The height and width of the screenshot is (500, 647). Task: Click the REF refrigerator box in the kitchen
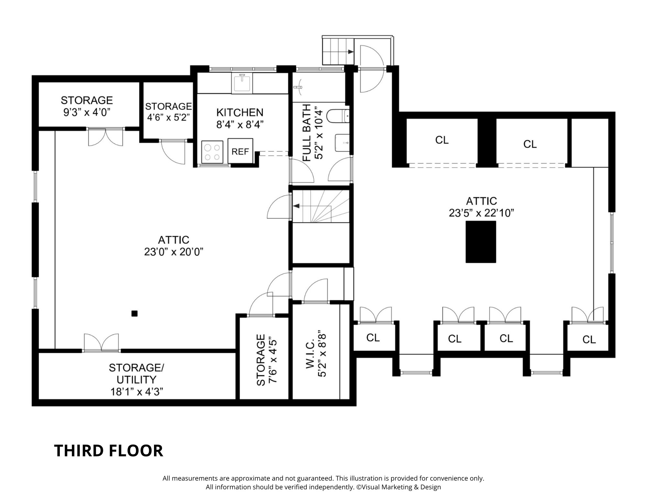[x=240, y=151]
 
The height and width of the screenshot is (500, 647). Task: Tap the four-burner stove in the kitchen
[x=212, y=152]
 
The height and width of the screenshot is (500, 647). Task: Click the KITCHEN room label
[x=240, y=112]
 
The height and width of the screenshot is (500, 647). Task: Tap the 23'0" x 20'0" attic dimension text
[x=174, y=252]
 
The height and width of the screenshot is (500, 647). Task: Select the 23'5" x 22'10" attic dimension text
[x=481, y=213]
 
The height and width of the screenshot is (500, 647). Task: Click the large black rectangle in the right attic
[x=481, y=241]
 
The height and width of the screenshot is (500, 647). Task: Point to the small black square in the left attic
[x=135, y=313]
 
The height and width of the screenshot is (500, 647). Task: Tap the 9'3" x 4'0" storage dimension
[x=87, y=112]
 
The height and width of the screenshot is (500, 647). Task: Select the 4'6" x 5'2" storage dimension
[x=168, y=117]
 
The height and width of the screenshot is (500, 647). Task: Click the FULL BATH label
[x=307, y=132]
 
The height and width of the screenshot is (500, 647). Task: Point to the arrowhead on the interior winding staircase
[x=296, y=206]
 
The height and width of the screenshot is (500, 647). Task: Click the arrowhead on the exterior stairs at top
[x=350, y=52]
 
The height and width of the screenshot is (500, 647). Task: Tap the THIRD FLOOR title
[x=108, y=450]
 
